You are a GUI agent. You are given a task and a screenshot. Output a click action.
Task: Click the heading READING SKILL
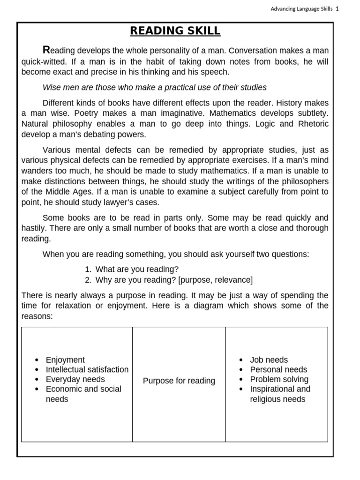pyautogui.click(x=175, y=31)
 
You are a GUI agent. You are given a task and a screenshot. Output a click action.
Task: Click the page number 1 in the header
pyautogui.click(x=337, y=8)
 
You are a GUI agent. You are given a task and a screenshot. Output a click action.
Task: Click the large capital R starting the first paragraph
pyautogui.click(x=46, y=50)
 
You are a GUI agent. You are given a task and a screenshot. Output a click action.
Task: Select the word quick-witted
pyautogui.click(x=44, y=61)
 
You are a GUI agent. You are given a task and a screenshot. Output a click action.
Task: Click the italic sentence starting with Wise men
pyautogui.click(x=154, y=87)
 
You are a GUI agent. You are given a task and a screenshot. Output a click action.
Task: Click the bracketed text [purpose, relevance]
pyautogui.click(x=216, y=280)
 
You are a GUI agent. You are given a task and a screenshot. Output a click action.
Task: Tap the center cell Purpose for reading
pyautogui.click(x=179, y=381)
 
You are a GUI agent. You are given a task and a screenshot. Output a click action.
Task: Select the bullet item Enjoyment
pyautogui.click(x=65, y=360)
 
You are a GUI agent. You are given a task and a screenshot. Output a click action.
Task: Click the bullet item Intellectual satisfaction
pyautogui.click(x=87, y=369)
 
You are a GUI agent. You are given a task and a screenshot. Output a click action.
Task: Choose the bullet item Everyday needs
pyautogui.click(x=75, y=379)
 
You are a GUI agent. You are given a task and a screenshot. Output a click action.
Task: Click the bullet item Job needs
pyautogui.click(x=269, y=360)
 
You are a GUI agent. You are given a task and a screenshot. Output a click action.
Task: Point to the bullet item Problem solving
pyautogui.click(x=279, y=379)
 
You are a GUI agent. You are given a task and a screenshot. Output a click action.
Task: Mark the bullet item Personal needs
pyautogui.click(x=278, y=369)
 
